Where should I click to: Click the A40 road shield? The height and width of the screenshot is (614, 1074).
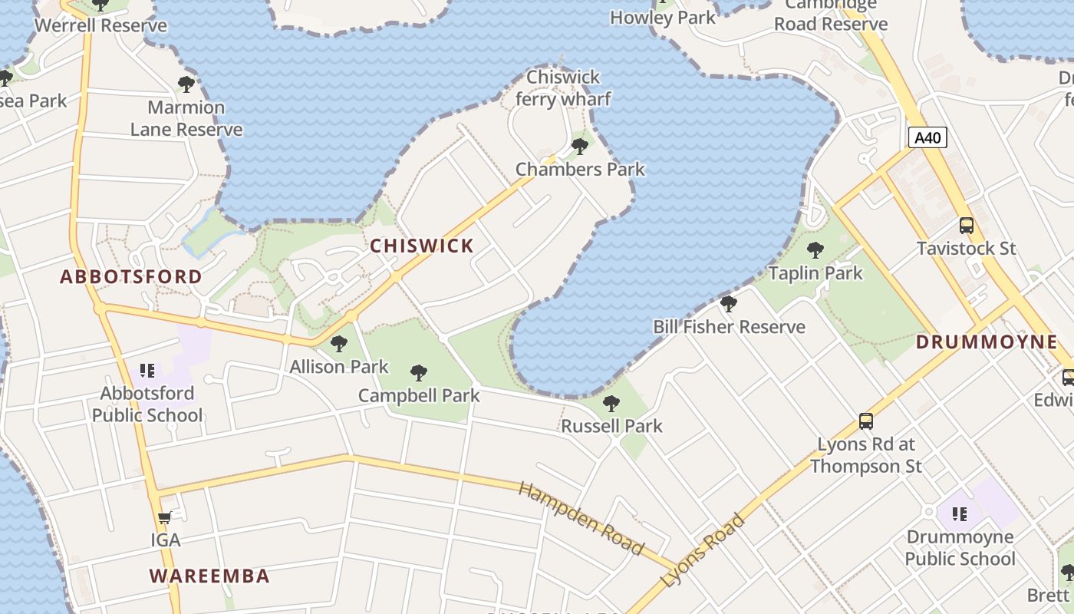pos(927,138)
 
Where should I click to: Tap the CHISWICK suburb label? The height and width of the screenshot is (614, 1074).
pos(422,246)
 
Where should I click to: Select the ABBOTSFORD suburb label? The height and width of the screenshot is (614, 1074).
pos(131,277)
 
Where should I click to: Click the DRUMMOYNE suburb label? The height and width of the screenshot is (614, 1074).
pos(987,342)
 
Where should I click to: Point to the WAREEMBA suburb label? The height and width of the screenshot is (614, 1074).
pos(209,576)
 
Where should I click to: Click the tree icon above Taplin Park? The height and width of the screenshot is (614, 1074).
pos(815,250)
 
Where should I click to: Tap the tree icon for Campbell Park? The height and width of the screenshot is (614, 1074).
pos(419,373)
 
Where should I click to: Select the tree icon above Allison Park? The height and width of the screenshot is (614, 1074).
pos(338,344)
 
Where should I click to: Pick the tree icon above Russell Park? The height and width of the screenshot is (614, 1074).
pos(611,404)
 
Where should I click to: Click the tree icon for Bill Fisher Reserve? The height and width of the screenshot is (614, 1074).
pos(729,304)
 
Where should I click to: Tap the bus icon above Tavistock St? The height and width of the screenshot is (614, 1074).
pos(967,226)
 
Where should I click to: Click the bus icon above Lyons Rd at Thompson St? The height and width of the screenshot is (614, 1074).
pos(866,421)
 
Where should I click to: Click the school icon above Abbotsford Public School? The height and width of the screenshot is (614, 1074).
pos(147,371)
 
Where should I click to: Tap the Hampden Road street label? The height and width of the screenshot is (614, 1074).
pos(581,518)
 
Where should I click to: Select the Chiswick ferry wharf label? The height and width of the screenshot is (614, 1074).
pos(563,88)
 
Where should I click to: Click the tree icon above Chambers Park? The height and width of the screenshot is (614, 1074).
pos(580,147)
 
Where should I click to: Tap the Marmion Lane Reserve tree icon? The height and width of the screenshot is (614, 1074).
pos(186,84)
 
